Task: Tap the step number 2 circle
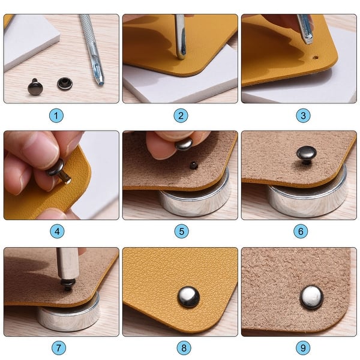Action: coord(181,115)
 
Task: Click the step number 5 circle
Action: coord(181,231)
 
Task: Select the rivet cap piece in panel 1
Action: coord(64,83)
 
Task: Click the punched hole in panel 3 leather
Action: coord(316,59)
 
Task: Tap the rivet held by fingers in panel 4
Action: coord(58,172)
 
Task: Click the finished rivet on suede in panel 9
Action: coord(311,296)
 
